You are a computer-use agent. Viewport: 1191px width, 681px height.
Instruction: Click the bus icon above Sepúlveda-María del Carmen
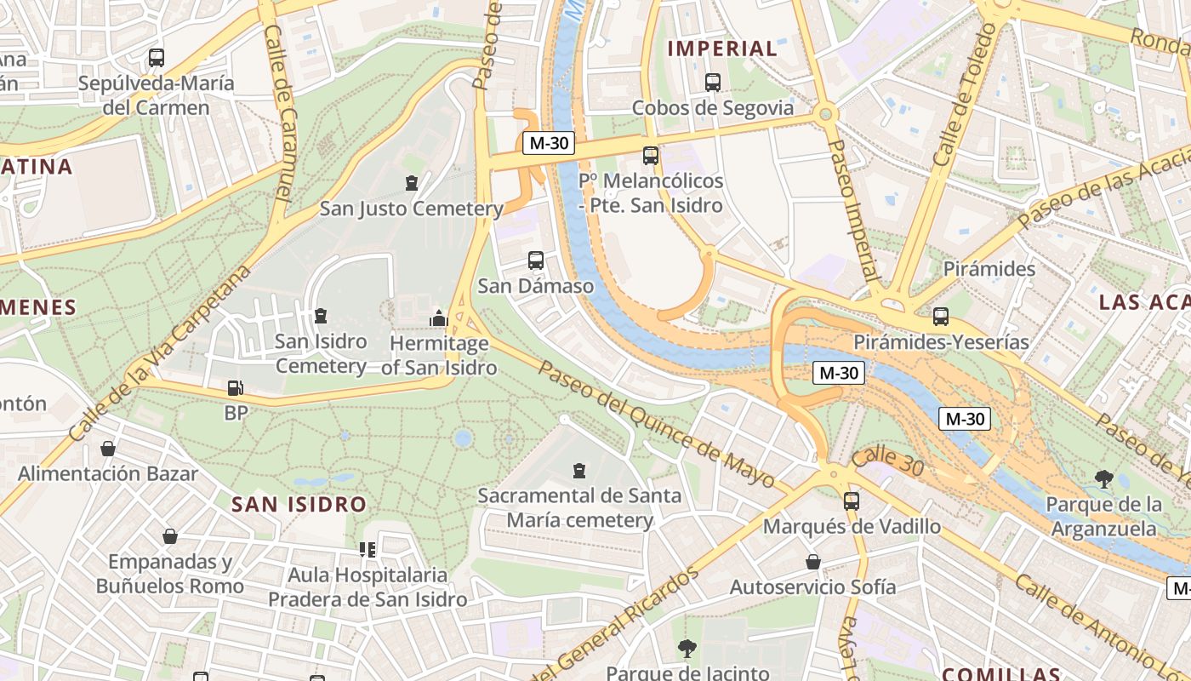click(156, 58)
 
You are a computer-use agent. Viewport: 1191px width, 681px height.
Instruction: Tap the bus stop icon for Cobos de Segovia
click(713, 83)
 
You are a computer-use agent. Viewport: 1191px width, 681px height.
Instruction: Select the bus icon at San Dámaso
click(536, 260)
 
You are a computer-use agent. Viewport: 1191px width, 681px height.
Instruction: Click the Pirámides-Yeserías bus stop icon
click(941, 317)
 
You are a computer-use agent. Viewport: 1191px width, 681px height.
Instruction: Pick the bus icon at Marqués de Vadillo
click(852, 501)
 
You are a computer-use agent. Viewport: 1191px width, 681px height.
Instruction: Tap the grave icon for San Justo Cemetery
click(412, 183)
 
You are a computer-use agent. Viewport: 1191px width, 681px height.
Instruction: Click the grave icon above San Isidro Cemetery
click(321, 316)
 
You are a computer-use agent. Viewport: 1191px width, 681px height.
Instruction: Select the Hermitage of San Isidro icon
click(439, 318)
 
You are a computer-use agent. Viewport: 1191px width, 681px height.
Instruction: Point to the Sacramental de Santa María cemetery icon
click(579, 470)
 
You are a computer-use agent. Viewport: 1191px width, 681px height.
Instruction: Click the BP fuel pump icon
click(236, 388)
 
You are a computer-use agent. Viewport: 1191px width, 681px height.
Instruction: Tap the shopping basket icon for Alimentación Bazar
click(108, 449)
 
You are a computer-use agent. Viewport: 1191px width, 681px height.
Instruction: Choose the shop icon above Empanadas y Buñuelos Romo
click(170, 536)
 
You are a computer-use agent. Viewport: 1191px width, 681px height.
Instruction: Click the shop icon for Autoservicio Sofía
click(813, 562)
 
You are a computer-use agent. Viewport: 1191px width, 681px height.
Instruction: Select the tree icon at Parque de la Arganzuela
click(1104, 479)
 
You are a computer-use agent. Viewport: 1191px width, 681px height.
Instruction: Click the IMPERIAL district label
click(722, 49)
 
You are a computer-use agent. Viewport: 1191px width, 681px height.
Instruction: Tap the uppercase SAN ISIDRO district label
click(299, 504)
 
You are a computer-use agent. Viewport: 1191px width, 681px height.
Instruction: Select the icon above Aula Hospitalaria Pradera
click(368, 550)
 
